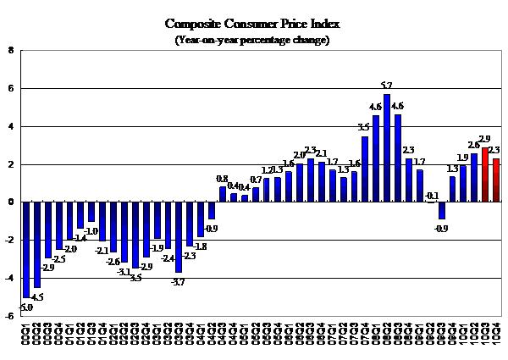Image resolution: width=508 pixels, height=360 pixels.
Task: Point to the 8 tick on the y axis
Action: [x=10, y=51]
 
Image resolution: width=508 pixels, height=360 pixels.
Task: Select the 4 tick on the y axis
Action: [x=10, y=126]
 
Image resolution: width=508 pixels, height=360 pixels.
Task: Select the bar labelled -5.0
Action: [x=27, y=249]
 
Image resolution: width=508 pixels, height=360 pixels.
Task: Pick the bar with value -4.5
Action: [x=38, y=245]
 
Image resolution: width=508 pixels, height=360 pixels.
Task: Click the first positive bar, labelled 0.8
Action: [x=223, y=194]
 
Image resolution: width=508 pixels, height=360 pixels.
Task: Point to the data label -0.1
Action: [x=432, y=196]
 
